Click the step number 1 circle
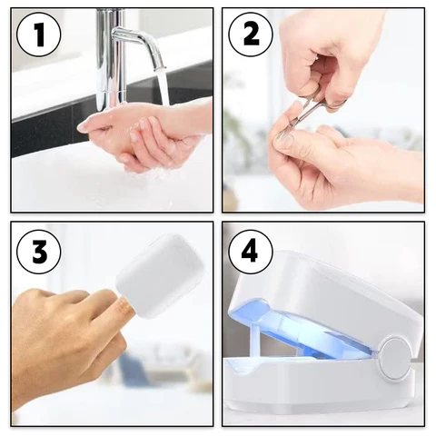tap(37, 36)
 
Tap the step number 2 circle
tap(250, 36)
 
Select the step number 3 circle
tap(37, 251)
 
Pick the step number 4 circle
tap(250, 251)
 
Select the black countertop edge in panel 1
tap(45, 136)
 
